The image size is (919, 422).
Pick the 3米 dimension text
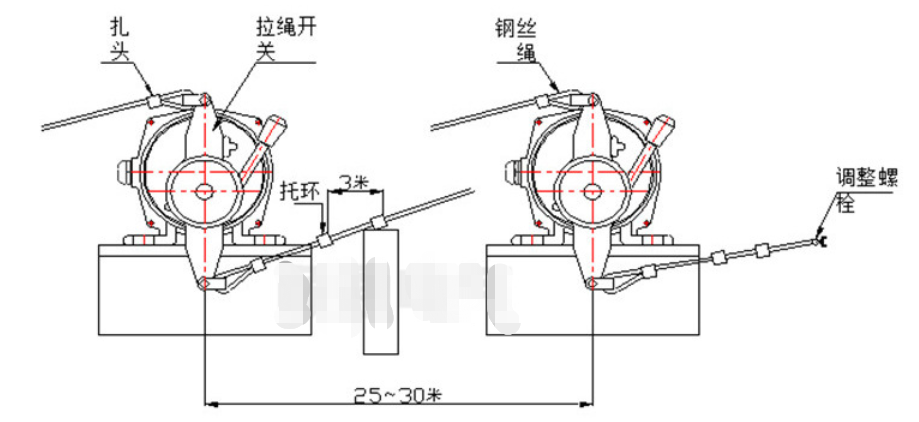pyautogui.click(x=352, y=181)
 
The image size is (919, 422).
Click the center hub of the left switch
pyautogui.click(x=206, y=189)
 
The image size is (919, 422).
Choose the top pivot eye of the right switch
pyautogui.click(x=591, y=99)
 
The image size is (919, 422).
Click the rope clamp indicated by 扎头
pyautogui.click(x=153, y=101)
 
